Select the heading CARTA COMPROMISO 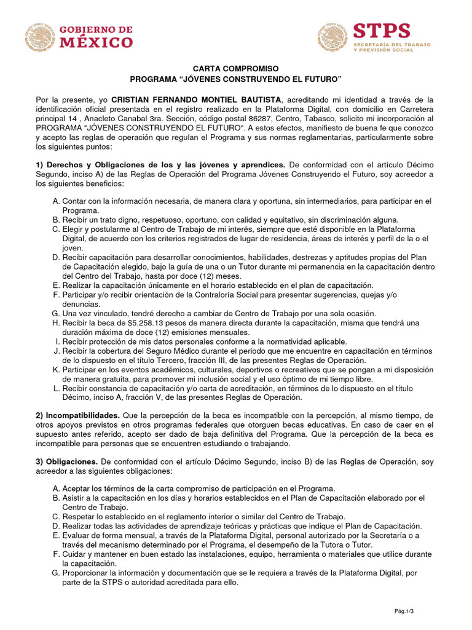click(x=236, y=69)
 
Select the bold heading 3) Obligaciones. click(x=67, y=461)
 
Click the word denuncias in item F click(x=82, y=304)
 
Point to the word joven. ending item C click(x=73, y=247)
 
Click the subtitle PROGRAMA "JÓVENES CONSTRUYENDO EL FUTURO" click(x=236, y=79)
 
